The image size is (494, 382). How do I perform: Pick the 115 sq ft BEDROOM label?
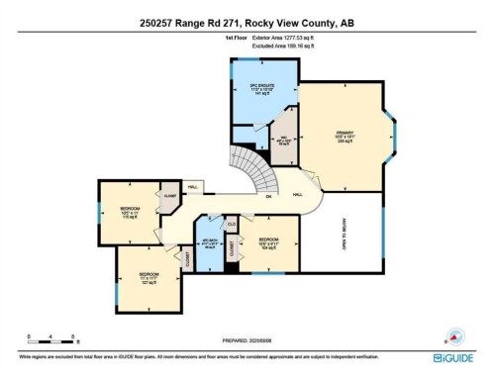(x=130, y=211)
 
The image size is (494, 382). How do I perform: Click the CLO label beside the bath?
(x=231, y=224)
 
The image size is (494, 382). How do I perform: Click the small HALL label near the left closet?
(x=192, y=185)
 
